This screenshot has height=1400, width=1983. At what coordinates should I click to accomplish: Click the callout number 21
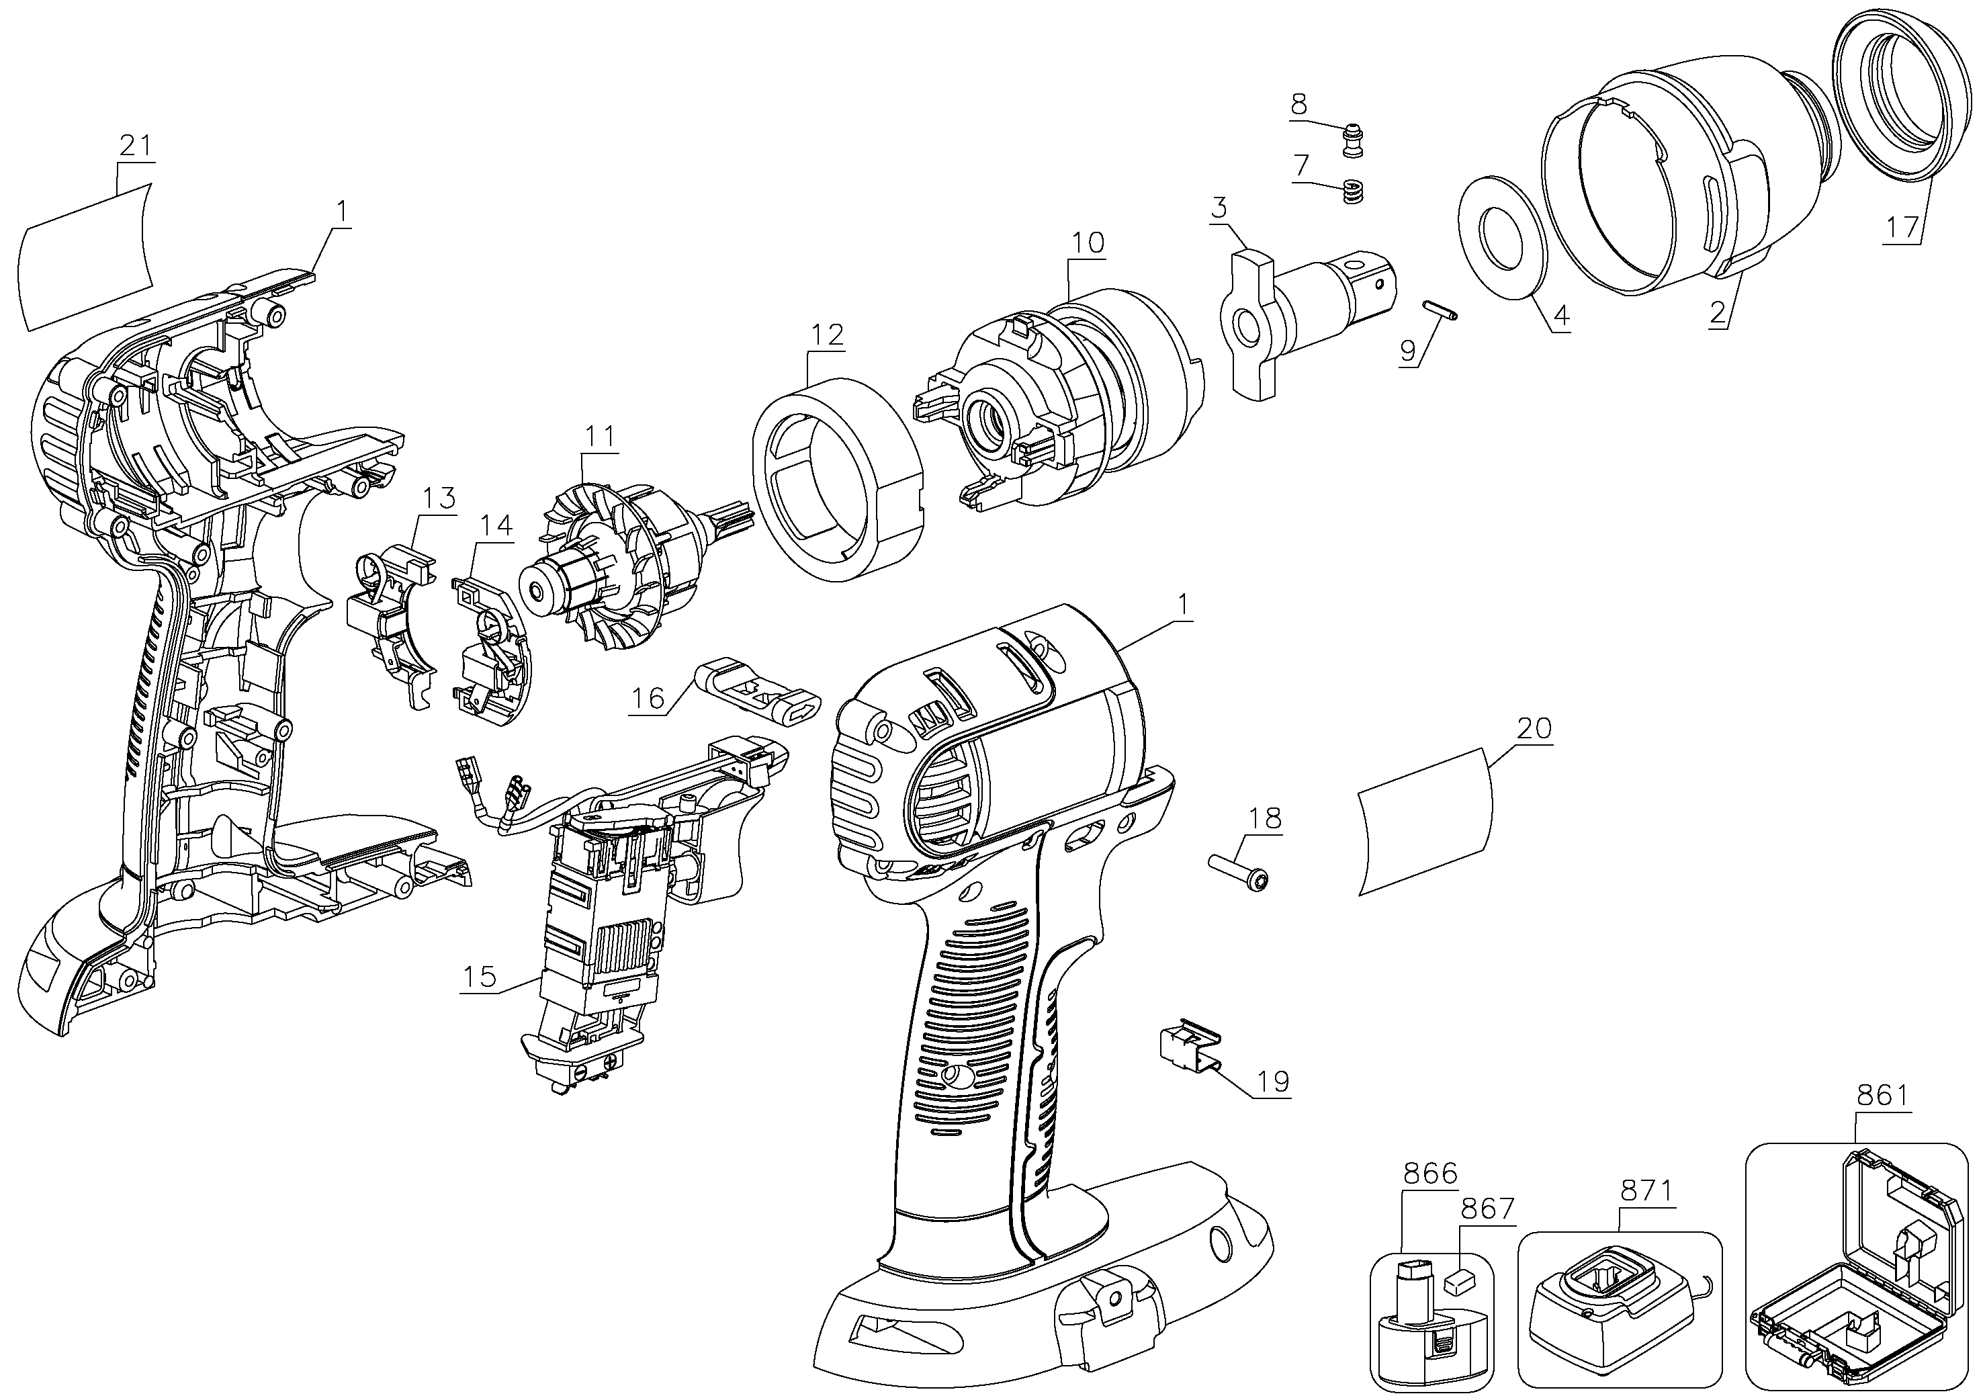(135, 145)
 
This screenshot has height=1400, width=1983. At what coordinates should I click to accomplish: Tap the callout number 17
(1902, 227)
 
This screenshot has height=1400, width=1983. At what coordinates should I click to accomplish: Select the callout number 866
(1430, 1174)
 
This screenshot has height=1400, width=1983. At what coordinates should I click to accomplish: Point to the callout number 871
(1646, 1190)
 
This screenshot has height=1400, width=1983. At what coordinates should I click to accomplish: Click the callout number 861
(1882, 1096)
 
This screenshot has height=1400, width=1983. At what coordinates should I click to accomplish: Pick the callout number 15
(480, 977)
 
